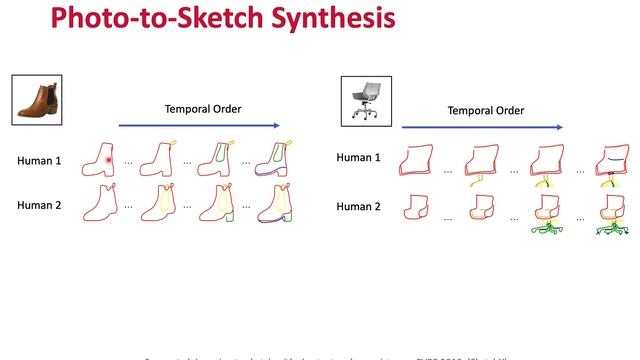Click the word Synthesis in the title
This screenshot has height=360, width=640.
click(x=328, y=18)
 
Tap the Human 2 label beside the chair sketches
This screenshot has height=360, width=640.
click(x=357, y=206)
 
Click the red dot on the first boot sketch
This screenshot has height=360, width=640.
click(x=108, y=160)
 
